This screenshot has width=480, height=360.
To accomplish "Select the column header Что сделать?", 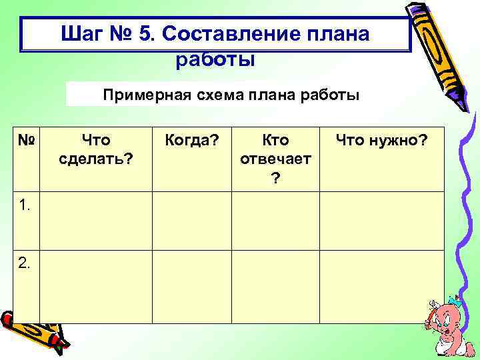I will point(96,150).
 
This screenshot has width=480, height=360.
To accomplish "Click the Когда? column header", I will point(191,141).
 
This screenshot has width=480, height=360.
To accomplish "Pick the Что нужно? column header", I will point(381,141).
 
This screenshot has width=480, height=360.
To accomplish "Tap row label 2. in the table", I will point(25,263).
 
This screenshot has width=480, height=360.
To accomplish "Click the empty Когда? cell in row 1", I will point(191,221).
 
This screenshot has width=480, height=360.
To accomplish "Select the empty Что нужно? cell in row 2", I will point(381,287).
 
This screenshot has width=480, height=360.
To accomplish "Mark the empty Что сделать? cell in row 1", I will point(96,221).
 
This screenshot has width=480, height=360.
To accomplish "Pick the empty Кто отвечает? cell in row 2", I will point(275,287).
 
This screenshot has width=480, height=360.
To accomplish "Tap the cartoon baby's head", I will point(443,317).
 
